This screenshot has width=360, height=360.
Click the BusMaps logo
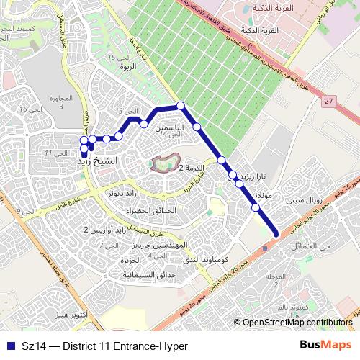tap(325, 344)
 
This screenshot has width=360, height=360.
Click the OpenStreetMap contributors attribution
tap(297, 323)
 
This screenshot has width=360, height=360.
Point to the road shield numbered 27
tap(329, 102)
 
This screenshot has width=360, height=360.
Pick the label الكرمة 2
tap(192, 168)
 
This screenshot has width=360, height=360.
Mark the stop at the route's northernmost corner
tap(181, 106)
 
